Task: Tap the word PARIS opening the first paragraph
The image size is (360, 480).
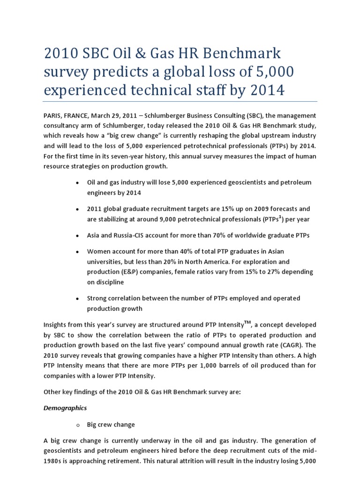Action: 53,115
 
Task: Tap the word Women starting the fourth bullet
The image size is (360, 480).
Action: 99,252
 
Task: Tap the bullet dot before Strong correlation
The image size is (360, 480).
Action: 76,299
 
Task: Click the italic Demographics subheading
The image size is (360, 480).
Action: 65,408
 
